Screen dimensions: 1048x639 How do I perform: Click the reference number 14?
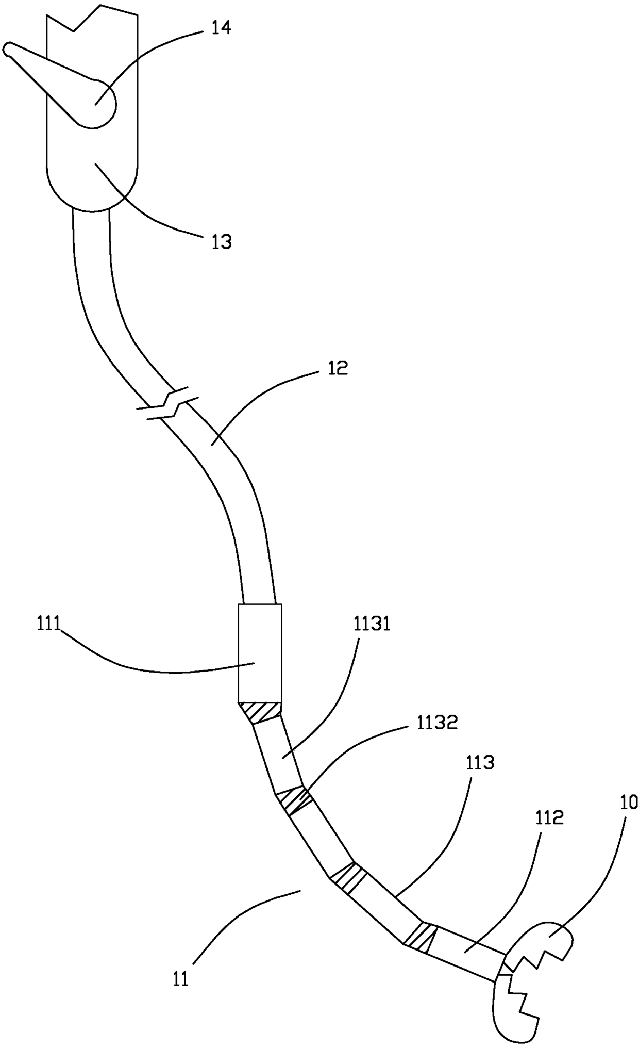click(221, 28)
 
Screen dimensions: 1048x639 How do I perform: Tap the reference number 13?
click(222, 241)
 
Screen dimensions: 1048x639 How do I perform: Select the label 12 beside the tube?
click(338, 368)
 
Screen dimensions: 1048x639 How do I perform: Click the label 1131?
click(372, 625)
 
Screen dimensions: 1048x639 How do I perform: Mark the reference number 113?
click(480, 762)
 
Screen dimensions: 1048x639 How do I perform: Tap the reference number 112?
click(549, 818)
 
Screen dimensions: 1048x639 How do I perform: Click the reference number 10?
click(629, 802)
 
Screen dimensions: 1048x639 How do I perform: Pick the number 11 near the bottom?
click(180, 978)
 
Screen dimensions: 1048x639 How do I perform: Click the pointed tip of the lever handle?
click(7, 50)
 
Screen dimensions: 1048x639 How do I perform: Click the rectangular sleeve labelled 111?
click(260, 653)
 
